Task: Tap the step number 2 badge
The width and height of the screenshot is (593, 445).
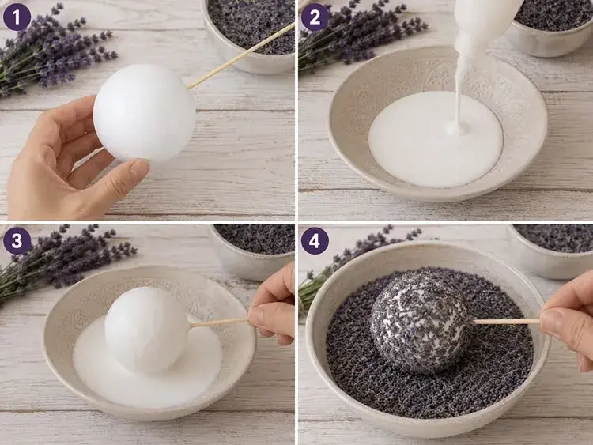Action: (315, 17)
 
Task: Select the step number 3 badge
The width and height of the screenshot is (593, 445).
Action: (17, 240)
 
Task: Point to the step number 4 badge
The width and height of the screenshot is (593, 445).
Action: (315, 240)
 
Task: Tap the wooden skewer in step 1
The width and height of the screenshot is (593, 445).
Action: (241, 55)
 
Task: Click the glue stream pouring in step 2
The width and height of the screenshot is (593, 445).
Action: (463, 95)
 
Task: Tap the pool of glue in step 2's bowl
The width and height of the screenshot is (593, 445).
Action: (436, 139)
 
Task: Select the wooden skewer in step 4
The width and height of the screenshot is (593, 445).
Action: (507, 322)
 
